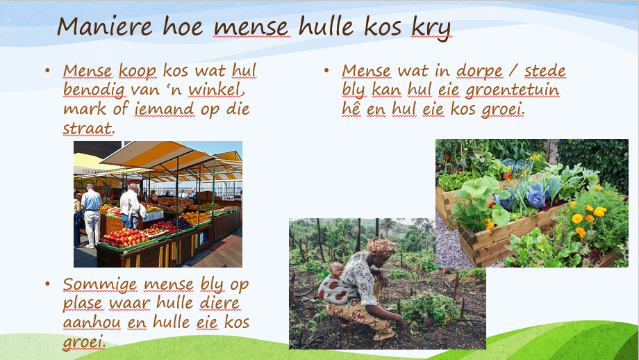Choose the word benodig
point(94,90)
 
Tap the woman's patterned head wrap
point(382,245)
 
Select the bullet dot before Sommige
point(47,285)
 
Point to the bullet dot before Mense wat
point(326,71)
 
